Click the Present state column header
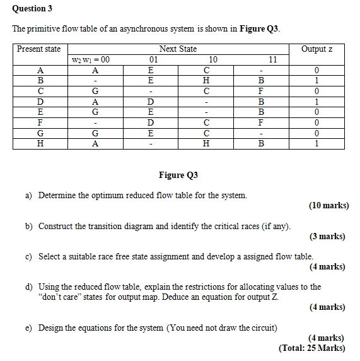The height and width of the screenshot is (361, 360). point(39,49)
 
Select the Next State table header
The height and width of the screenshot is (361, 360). point(178,49)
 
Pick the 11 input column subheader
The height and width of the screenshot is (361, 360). point(272,60)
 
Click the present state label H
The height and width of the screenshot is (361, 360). point(41,143)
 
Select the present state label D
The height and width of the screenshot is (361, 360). point(41,101)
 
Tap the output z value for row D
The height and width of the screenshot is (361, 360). point(317,101)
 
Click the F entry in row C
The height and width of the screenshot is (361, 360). point(260,91)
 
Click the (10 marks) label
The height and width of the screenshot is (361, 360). point(328,206)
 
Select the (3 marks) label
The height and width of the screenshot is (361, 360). point(327,237)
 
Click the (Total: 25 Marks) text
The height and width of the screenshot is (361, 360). point(313,348)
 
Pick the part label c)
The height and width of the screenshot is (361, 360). point(29,256)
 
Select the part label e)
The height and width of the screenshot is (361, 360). point(29,328)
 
